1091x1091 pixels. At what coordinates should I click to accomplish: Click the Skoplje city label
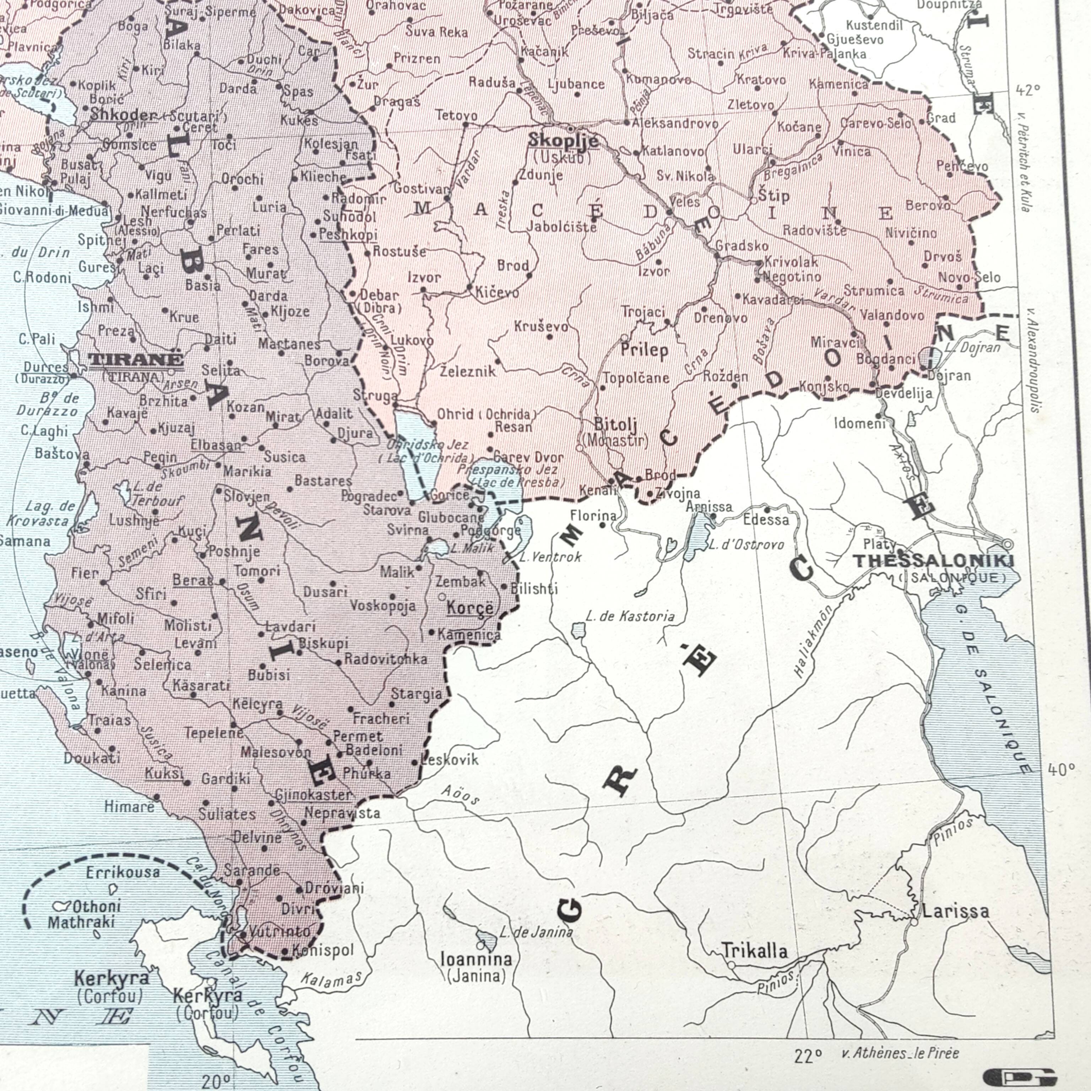click(x=563, y=140)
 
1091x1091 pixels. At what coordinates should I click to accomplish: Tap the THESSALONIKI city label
click(x=933, y=561)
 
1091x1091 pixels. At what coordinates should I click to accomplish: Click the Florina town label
click(x=593, y=515)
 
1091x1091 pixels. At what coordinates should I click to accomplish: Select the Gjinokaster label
click(x=313, y=795)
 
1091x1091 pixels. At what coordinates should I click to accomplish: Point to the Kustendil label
click(x=874, y=25)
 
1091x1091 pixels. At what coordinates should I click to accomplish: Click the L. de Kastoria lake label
click(x=630, y=616)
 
